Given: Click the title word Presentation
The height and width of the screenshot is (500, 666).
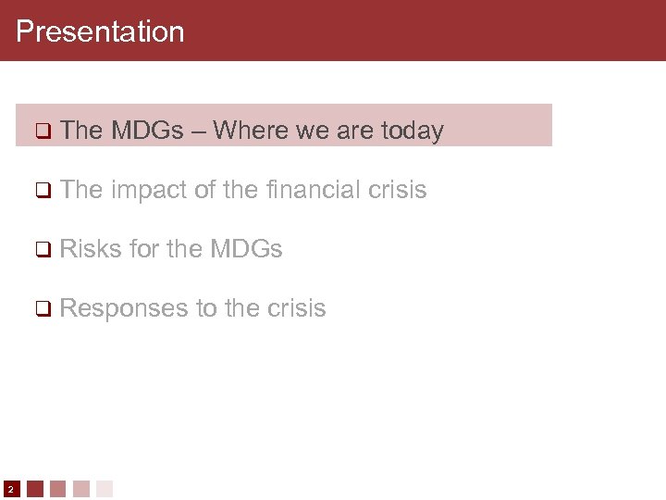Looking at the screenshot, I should (x=100, y=31).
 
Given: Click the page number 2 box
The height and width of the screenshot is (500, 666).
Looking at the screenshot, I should (x=10, y=488).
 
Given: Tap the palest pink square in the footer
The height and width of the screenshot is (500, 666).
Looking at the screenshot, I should (x=105, y=488).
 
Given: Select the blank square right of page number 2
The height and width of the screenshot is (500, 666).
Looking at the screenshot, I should (x=35, y=488).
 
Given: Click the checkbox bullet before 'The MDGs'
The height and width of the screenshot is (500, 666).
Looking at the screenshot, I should (x=42, y=131).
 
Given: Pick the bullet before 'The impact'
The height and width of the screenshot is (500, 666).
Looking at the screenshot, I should (x=42, y=191).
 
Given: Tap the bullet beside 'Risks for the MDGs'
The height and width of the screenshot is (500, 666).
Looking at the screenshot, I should (x=42, y=250).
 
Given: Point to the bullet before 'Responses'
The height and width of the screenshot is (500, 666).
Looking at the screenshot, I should (x=42, y=309).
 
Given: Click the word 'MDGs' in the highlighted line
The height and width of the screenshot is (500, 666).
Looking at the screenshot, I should (x=147, y=131).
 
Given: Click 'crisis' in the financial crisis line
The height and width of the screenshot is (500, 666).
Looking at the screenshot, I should (x=397, y=190).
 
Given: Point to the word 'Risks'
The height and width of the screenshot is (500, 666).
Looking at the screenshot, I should (x=91, y=249).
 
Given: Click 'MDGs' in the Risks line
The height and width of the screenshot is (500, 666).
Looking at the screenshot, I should (x=246, y=249).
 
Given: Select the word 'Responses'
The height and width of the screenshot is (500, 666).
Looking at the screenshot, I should (x=124, y=308).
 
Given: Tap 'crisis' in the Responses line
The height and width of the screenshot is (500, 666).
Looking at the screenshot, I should (x=296, y=308).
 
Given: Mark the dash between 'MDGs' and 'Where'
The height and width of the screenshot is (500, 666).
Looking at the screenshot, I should (x=199, y=131).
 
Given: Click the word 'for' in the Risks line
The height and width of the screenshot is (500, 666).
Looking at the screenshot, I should (x=145, y=249).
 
